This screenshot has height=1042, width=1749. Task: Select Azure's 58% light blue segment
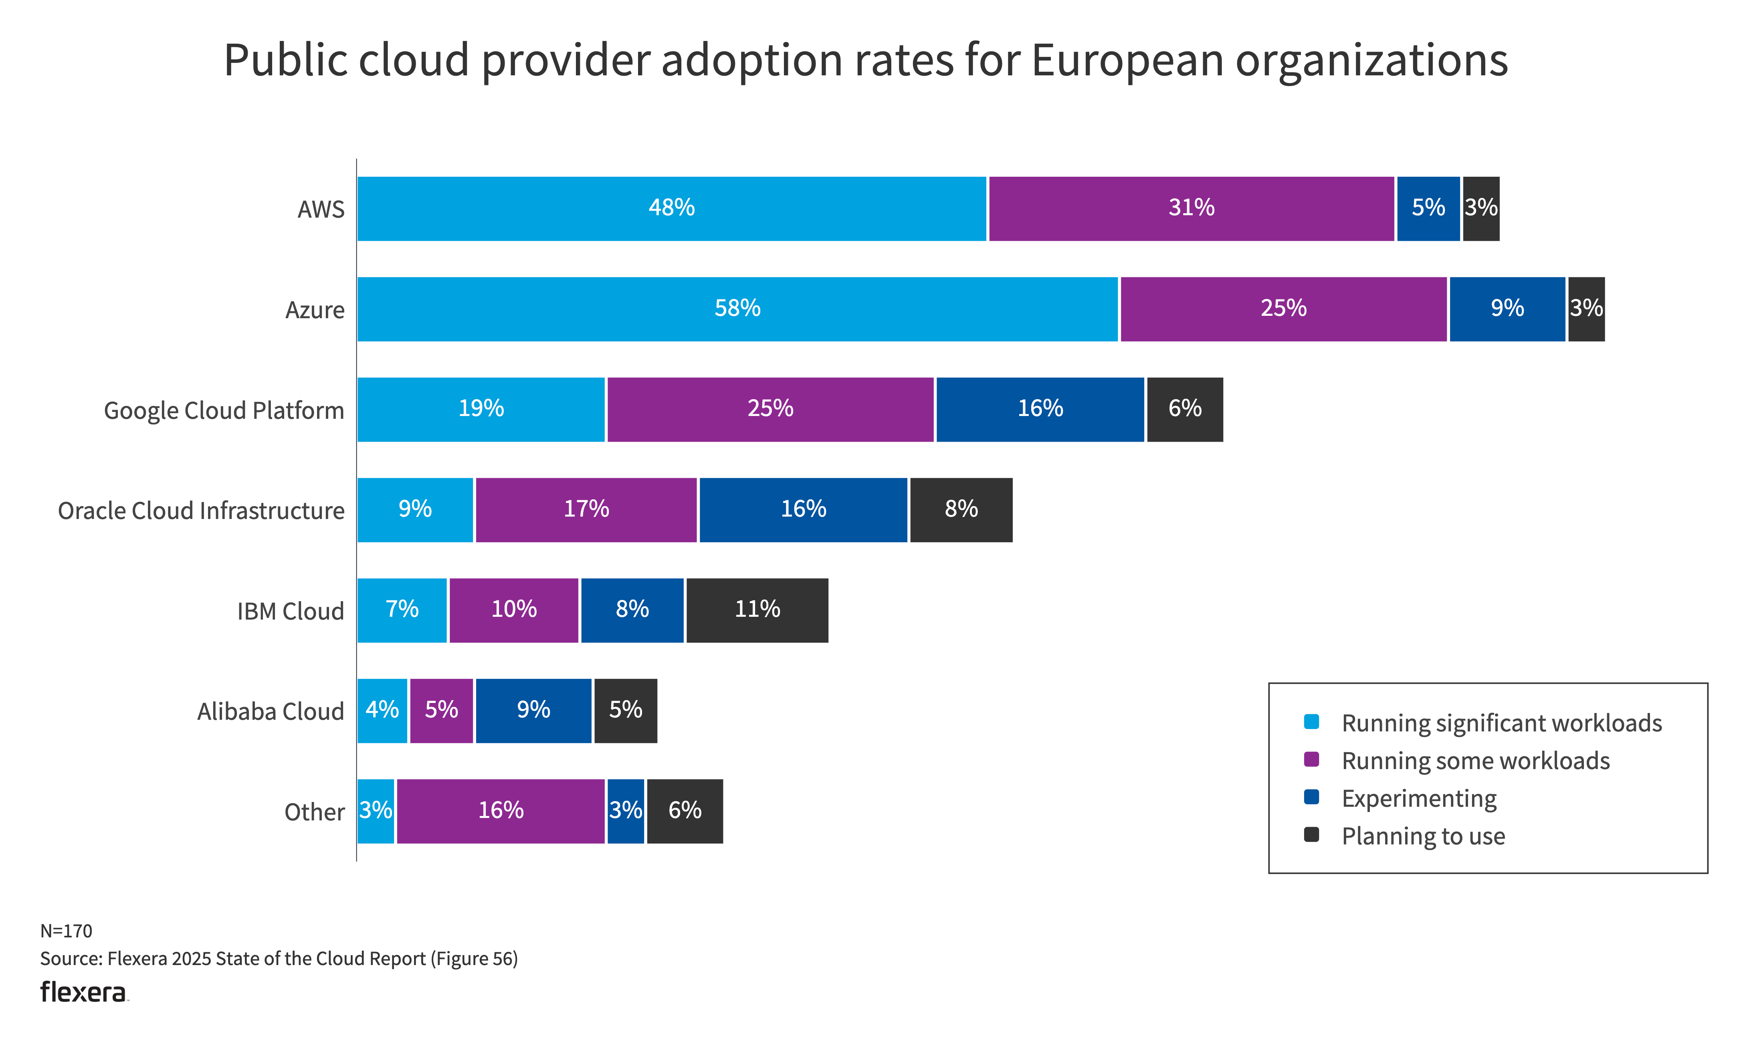click(x=737, y=309)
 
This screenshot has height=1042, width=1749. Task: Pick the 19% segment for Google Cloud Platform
click(x=481, y=409)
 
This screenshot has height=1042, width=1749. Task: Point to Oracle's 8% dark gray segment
click(x=961, y=510)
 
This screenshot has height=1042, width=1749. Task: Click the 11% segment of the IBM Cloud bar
click(x=757, y=610)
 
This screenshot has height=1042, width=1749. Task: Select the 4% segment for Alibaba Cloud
click(x=382, y=711)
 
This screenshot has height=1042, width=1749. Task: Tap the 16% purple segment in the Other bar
click(x=501, y=811)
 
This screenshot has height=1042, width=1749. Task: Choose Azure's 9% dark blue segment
click(x=1507, y=309)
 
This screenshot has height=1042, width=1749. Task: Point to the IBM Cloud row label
click(x=290, y=612)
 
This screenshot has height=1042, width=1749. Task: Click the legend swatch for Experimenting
click(x=1311, y=797)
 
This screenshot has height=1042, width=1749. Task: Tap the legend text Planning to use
click(x=1423, y=836)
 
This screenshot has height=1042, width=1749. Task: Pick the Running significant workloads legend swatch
click(x=1311, y=722)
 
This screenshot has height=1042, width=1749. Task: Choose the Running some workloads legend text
click(x=1475, y=761)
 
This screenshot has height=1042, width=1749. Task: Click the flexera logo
click(x=83, y=992)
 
